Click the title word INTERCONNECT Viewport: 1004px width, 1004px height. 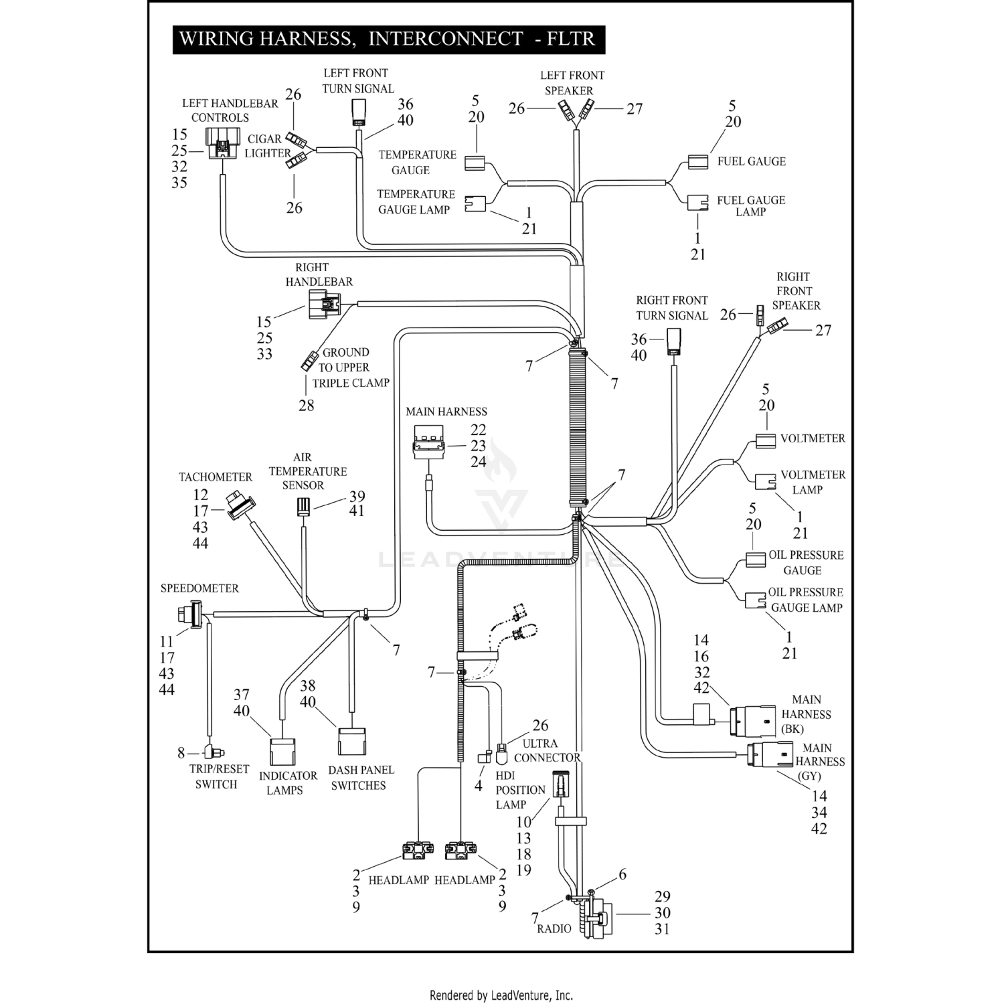(445, 39)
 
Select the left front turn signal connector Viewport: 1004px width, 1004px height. (359, 112)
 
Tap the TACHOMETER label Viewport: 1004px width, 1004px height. (215, 477)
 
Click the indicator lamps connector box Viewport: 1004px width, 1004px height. (282, 752)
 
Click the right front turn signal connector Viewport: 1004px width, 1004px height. (673, 343)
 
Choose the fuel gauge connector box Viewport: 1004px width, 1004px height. (697, 161)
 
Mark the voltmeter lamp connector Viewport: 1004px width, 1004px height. (765, 482)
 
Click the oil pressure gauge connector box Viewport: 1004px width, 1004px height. (756, 560)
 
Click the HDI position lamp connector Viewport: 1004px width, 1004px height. (560, 784)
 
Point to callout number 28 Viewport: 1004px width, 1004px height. (306, 406)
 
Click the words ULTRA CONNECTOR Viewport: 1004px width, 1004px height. (546, 750)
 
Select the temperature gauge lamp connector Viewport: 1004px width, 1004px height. (475, 203)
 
